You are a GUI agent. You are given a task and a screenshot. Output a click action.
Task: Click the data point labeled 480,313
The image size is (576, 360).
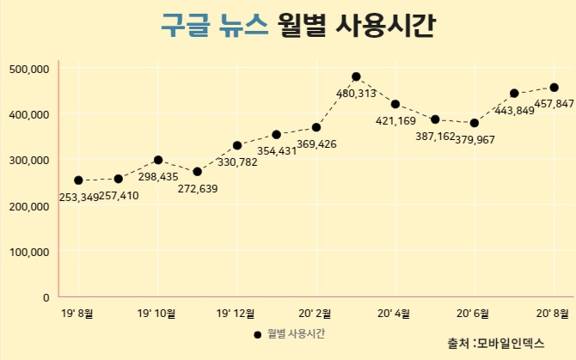pos(356,76)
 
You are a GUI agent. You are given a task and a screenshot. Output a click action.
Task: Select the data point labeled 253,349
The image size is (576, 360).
pos(78,180)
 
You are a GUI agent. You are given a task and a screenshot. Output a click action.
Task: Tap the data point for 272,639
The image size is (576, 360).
pos(197,171)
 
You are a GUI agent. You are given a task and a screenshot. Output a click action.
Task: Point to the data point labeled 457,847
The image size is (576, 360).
pos(554,88)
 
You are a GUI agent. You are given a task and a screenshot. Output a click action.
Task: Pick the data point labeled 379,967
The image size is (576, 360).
pos(475,123)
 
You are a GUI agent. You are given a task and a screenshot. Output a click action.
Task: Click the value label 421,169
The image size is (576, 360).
pos(395,121)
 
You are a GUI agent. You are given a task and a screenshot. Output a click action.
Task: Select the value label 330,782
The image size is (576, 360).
pos(237,162)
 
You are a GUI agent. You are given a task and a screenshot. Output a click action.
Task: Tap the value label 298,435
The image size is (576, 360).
pos(158,176)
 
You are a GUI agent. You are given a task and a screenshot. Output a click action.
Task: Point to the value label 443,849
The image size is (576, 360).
pos(514,110)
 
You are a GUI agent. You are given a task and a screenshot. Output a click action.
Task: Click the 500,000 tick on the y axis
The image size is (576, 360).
pos(29,69)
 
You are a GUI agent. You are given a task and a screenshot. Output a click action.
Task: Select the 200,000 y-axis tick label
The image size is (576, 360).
pos(29,206)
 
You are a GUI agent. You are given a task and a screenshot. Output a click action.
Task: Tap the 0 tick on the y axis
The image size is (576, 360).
pos(46,297)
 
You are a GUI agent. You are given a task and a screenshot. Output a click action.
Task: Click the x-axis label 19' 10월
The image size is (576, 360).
pos(156,314)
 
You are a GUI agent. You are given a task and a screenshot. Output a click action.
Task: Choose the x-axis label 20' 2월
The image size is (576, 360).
pos(315,314)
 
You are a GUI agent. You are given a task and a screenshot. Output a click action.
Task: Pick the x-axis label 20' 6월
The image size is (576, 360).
pos(473,314)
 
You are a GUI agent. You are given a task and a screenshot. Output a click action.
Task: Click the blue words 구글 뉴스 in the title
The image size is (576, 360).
pos(215,25)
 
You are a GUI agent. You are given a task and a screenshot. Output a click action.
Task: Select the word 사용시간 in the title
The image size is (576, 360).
pos(385,25)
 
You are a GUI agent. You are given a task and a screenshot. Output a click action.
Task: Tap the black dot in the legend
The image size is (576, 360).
pos(258,335)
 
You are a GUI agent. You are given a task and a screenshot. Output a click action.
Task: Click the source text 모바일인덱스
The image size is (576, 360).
pos(511,343)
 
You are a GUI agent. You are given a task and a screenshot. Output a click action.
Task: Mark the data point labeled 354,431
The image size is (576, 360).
pos(277,135)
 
